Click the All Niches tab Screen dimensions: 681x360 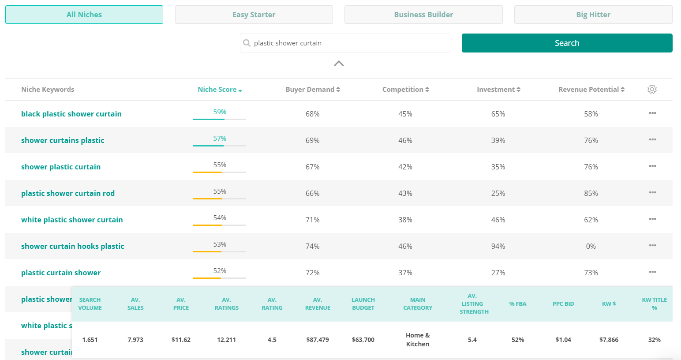click(x=84, y=15)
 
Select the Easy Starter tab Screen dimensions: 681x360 click(x=254, y=15)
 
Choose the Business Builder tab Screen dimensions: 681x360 click(x=423, y=15)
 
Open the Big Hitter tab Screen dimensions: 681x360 click(x=593, y=15)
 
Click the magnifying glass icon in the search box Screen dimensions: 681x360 click(x=247, y=43)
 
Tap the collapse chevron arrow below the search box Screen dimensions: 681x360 click(x=339, y=64)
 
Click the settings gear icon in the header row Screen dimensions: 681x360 click(x=652, y=90)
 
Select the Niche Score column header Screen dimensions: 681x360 click(x=220, y=90)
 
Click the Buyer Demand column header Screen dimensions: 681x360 click(x=313, y=90)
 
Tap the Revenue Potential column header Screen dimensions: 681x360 click(x=591, y=90)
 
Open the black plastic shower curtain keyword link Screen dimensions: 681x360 click(x=71, y=114)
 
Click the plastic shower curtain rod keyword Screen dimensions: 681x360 click(x=68, y=193)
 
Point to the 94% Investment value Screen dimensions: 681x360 click(x=498, y=246)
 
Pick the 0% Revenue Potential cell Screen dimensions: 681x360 click(x=591, y=246)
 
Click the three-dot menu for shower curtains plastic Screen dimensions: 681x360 click(x=652, y=139)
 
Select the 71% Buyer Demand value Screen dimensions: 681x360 click(x=313, y=220)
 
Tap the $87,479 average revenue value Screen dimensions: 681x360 click(x=318, y=340)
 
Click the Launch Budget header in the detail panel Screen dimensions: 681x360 click(x=363, y=304)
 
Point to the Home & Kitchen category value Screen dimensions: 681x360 click(x=418, y=340)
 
